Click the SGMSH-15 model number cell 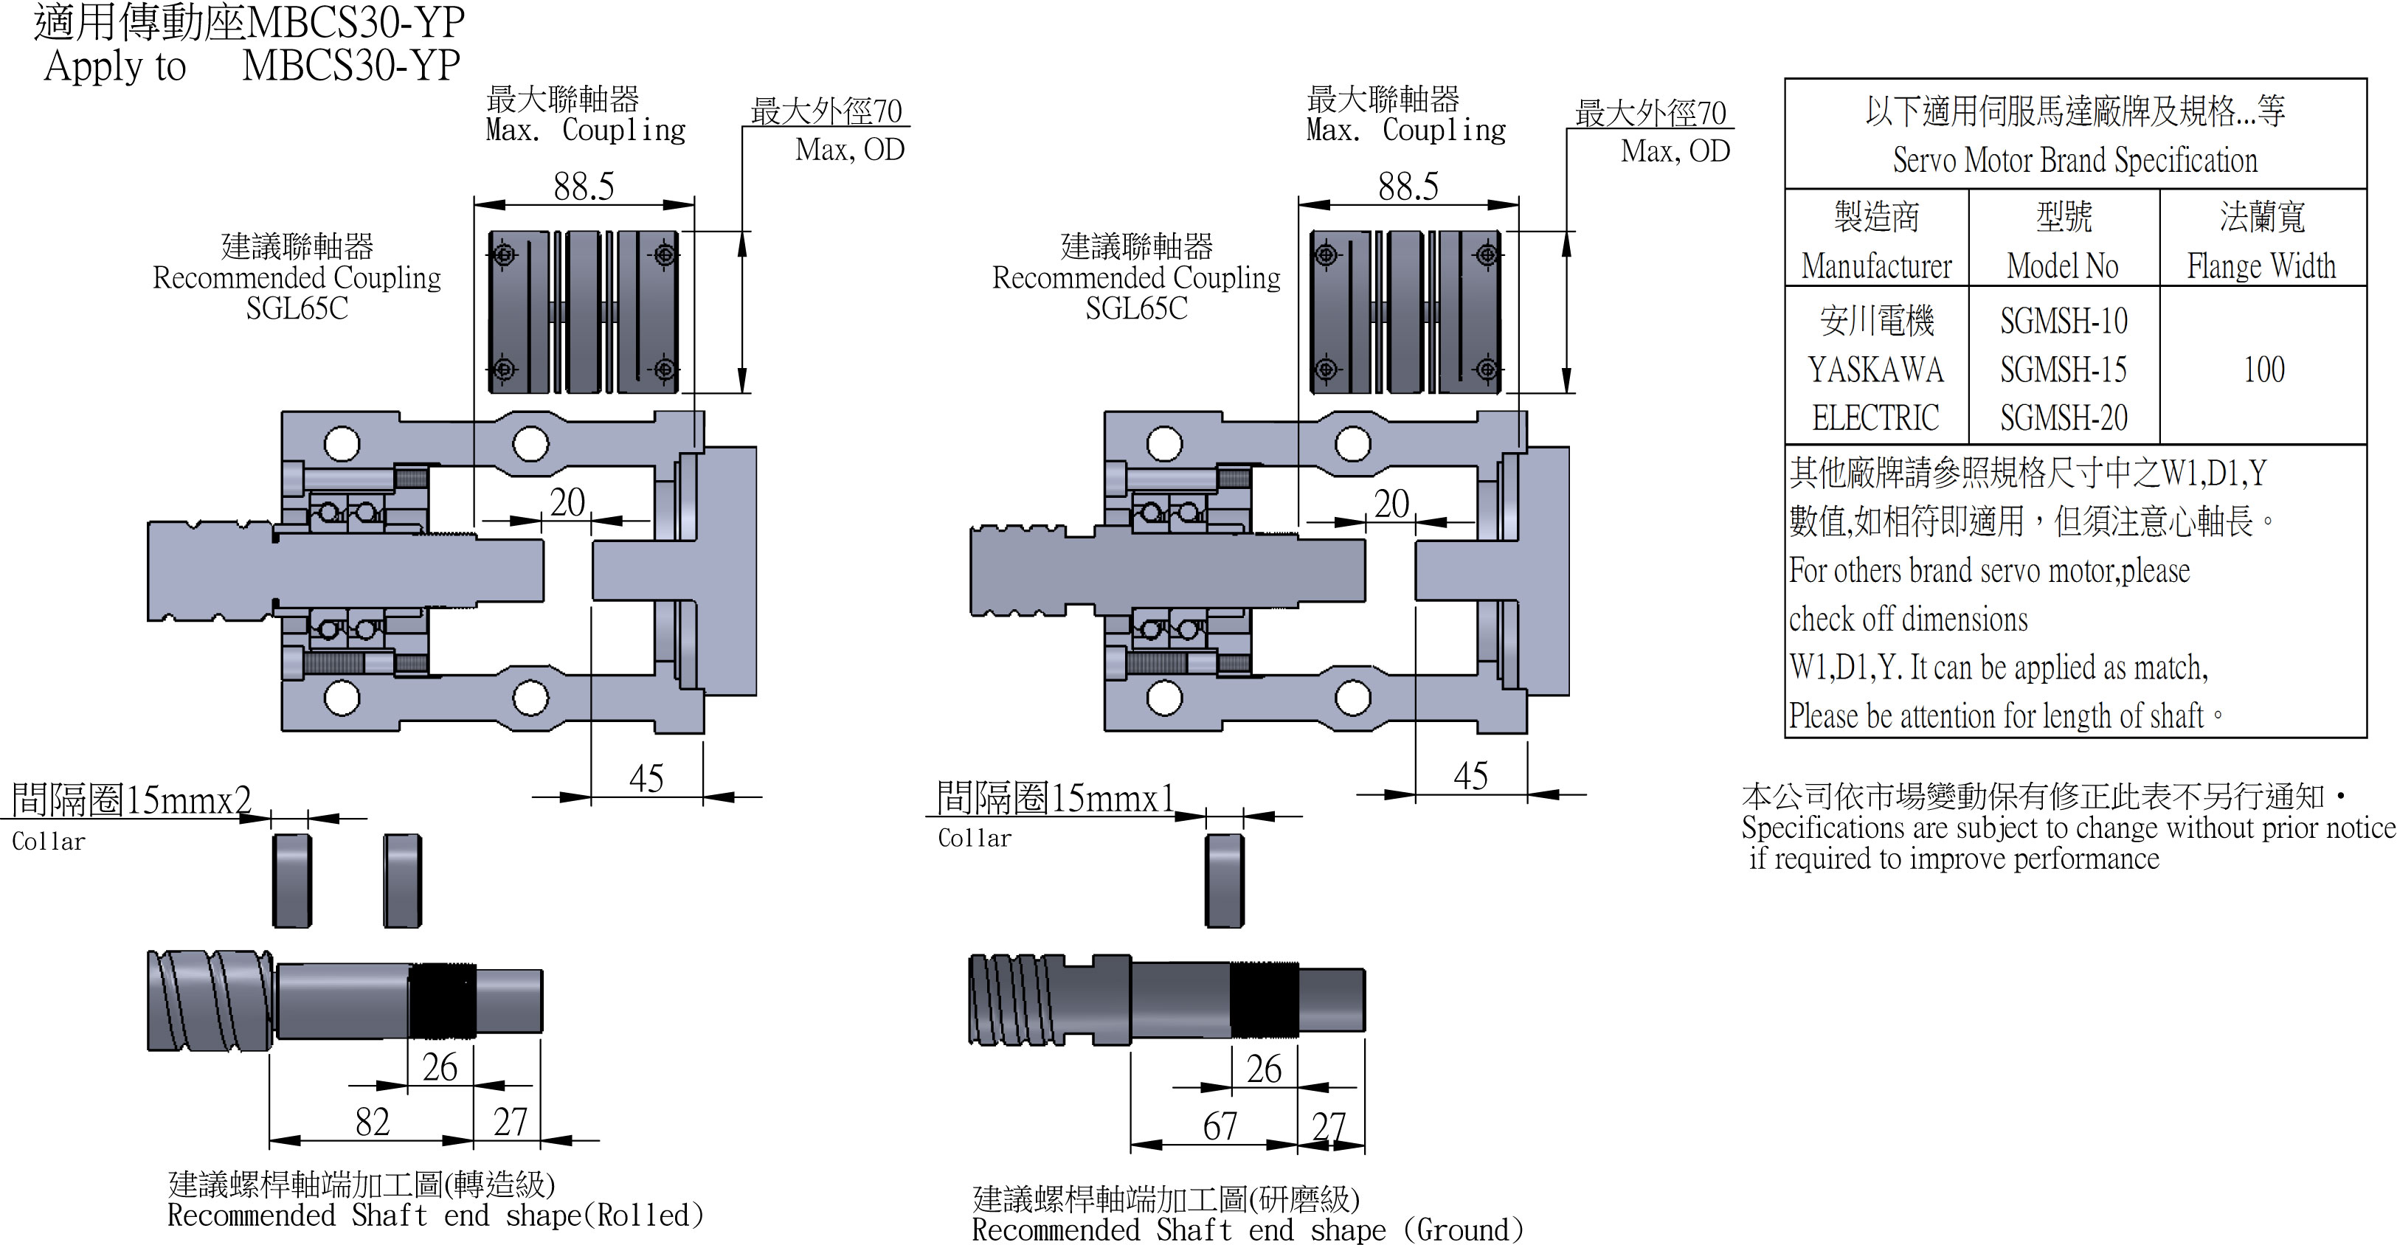click(2063, 370)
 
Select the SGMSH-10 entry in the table click(2063, 321)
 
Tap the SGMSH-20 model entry click(2063, 417)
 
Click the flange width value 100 click(2263, 370)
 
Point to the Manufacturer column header click(1876, 266)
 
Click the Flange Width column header click(2261, 266)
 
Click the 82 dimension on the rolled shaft click(373, 1122)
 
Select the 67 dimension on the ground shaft click(1220, 1127)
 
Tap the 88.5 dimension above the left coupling click(584, 187)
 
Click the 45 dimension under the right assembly click(1470, 776)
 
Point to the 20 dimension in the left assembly click(567, 504)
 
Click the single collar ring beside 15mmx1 click(1224, 880)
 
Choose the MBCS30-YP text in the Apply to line click(350, 65)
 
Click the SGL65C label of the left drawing click(297, 308)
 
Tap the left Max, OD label click(850, 150)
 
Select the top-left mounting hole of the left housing click(342, 444)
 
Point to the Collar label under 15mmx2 click(49, 841)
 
